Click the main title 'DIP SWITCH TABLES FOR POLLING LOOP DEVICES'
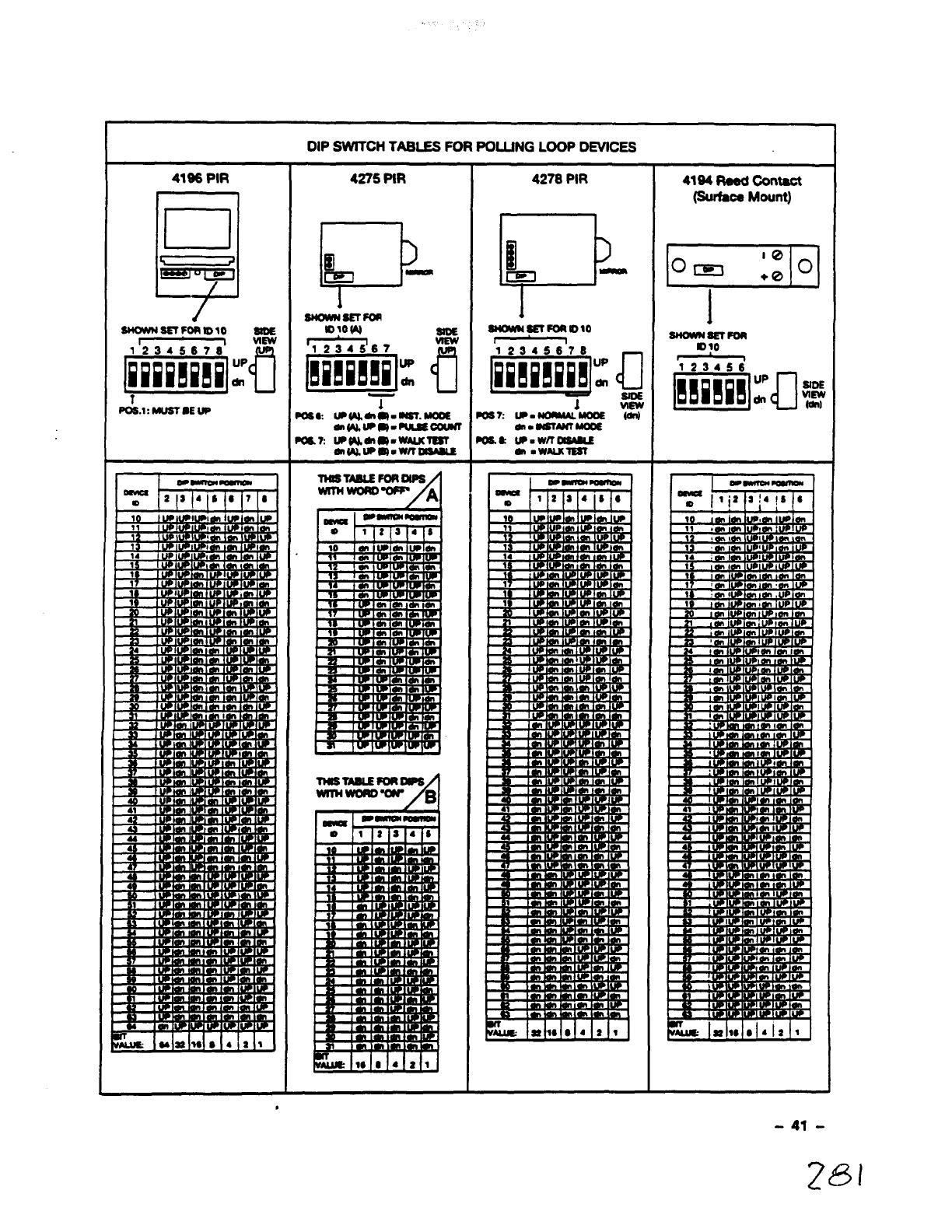(x=471, y=146)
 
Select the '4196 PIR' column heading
(x=200, y=179)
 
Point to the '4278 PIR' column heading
(x=560, y=179)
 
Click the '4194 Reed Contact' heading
(x=741, y=181)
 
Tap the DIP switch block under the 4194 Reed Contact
(x=711, y=389)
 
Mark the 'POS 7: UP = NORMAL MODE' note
(x=541, y=416)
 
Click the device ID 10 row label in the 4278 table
(x=508, y=518)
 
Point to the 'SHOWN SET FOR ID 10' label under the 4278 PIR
(x=539, y=329)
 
